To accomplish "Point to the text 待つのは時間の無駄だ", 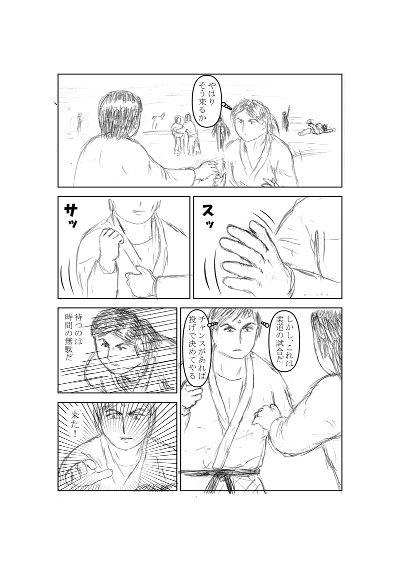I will (x=74, y=334).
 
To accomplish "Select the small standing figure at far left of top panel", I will (x=78, y=123).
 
